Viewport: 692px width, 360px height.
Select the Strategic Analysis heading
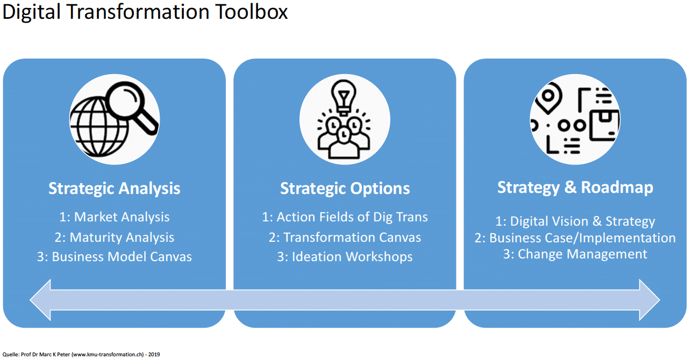(x=114, y=189)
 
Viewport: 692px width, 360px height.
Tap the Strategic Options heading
(x=345, y=189)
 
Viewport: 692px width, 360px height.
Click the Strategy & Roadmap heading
(x=575, y=188)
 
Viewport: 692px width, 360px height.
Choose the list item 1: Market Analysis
(x=114, y=217)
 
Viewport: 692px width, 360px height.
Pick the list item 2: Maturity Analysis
(x=114, y=237)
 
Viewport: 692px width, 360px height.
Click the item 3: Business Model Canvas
(x=114, y=257)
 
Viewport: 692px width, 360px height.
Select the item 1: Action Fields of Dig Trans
(x=345, y=217)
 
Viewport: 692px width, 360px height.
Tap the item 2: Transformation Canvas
(x=345, y=237)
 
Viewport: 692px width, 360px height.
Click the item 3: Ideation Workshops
(x=345, y=257)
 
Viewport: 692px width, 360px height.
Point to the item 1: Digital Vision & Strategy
(x=575, y=221)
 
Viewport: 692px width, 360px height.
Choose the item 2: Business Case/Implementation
(x=575, y=237)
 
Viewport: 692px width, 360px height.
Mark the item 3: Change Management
(x=575, y=254)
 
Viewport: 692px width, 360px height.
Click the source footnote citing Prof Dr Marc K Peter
(x=81, y=355)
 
